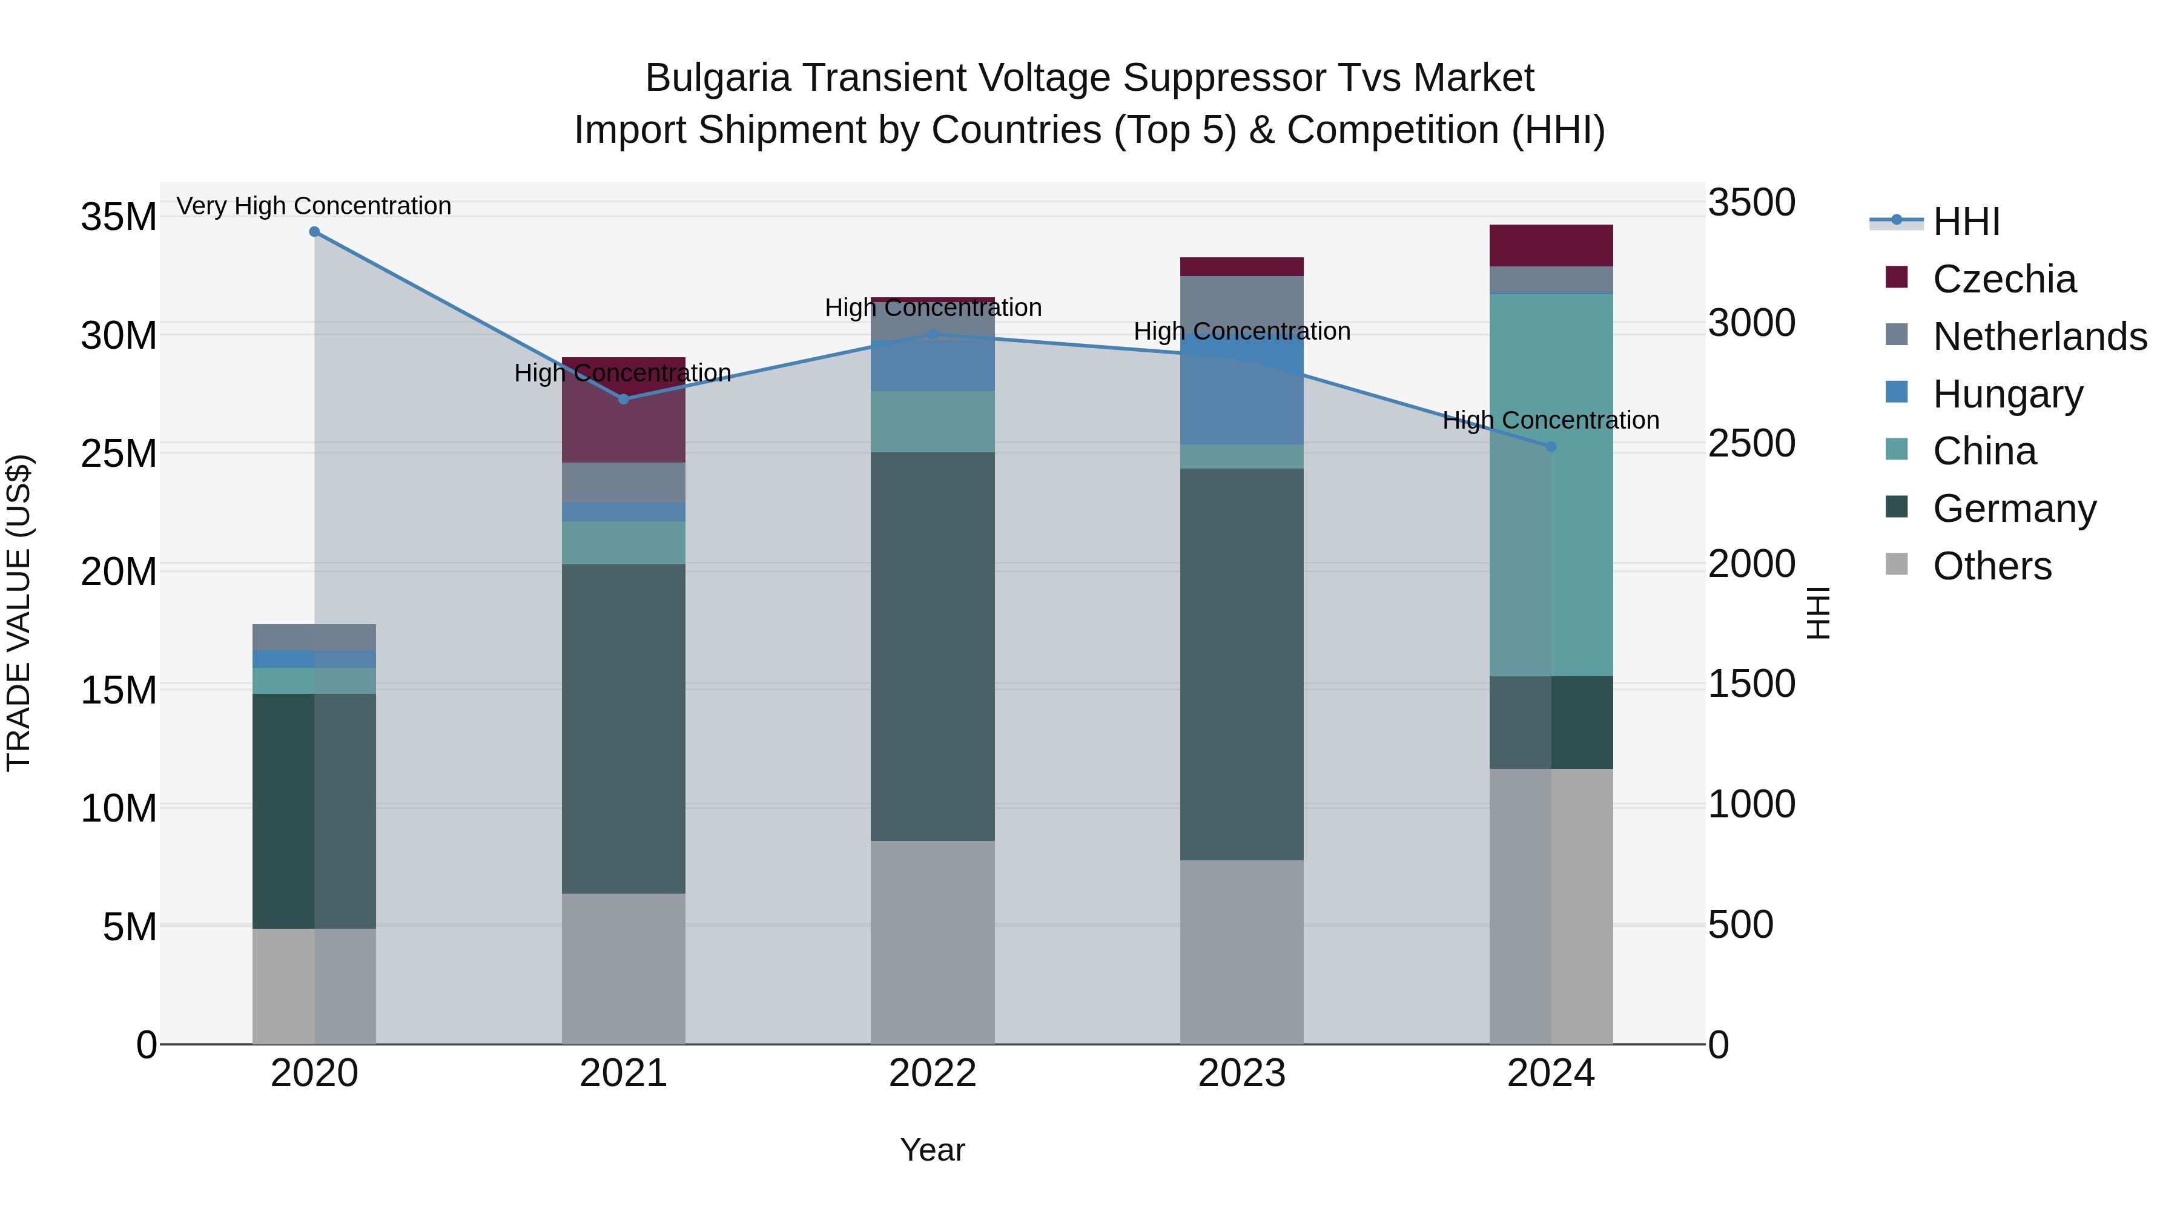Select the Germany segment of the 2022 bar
click(x=933, y=647)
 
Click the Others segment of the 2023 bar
click(x=1241, y=952)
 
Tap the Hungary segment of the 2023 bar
click(x=1241, y=389)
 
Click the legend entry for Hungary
click(x=2007, y=394)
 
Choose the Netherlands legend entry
click(x=2040, y=337)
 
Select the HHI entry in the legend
click(x=1966, y=222)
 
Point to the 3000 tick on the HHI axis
click(x=1751, y=323)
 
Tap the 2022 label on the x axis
click(x=933, y=1073)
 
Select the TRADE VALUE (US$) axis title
click(x=19, y=613)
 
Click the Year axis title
click(x=933, y=1150)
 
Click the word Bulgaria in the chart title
click(x=718, y=79)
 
